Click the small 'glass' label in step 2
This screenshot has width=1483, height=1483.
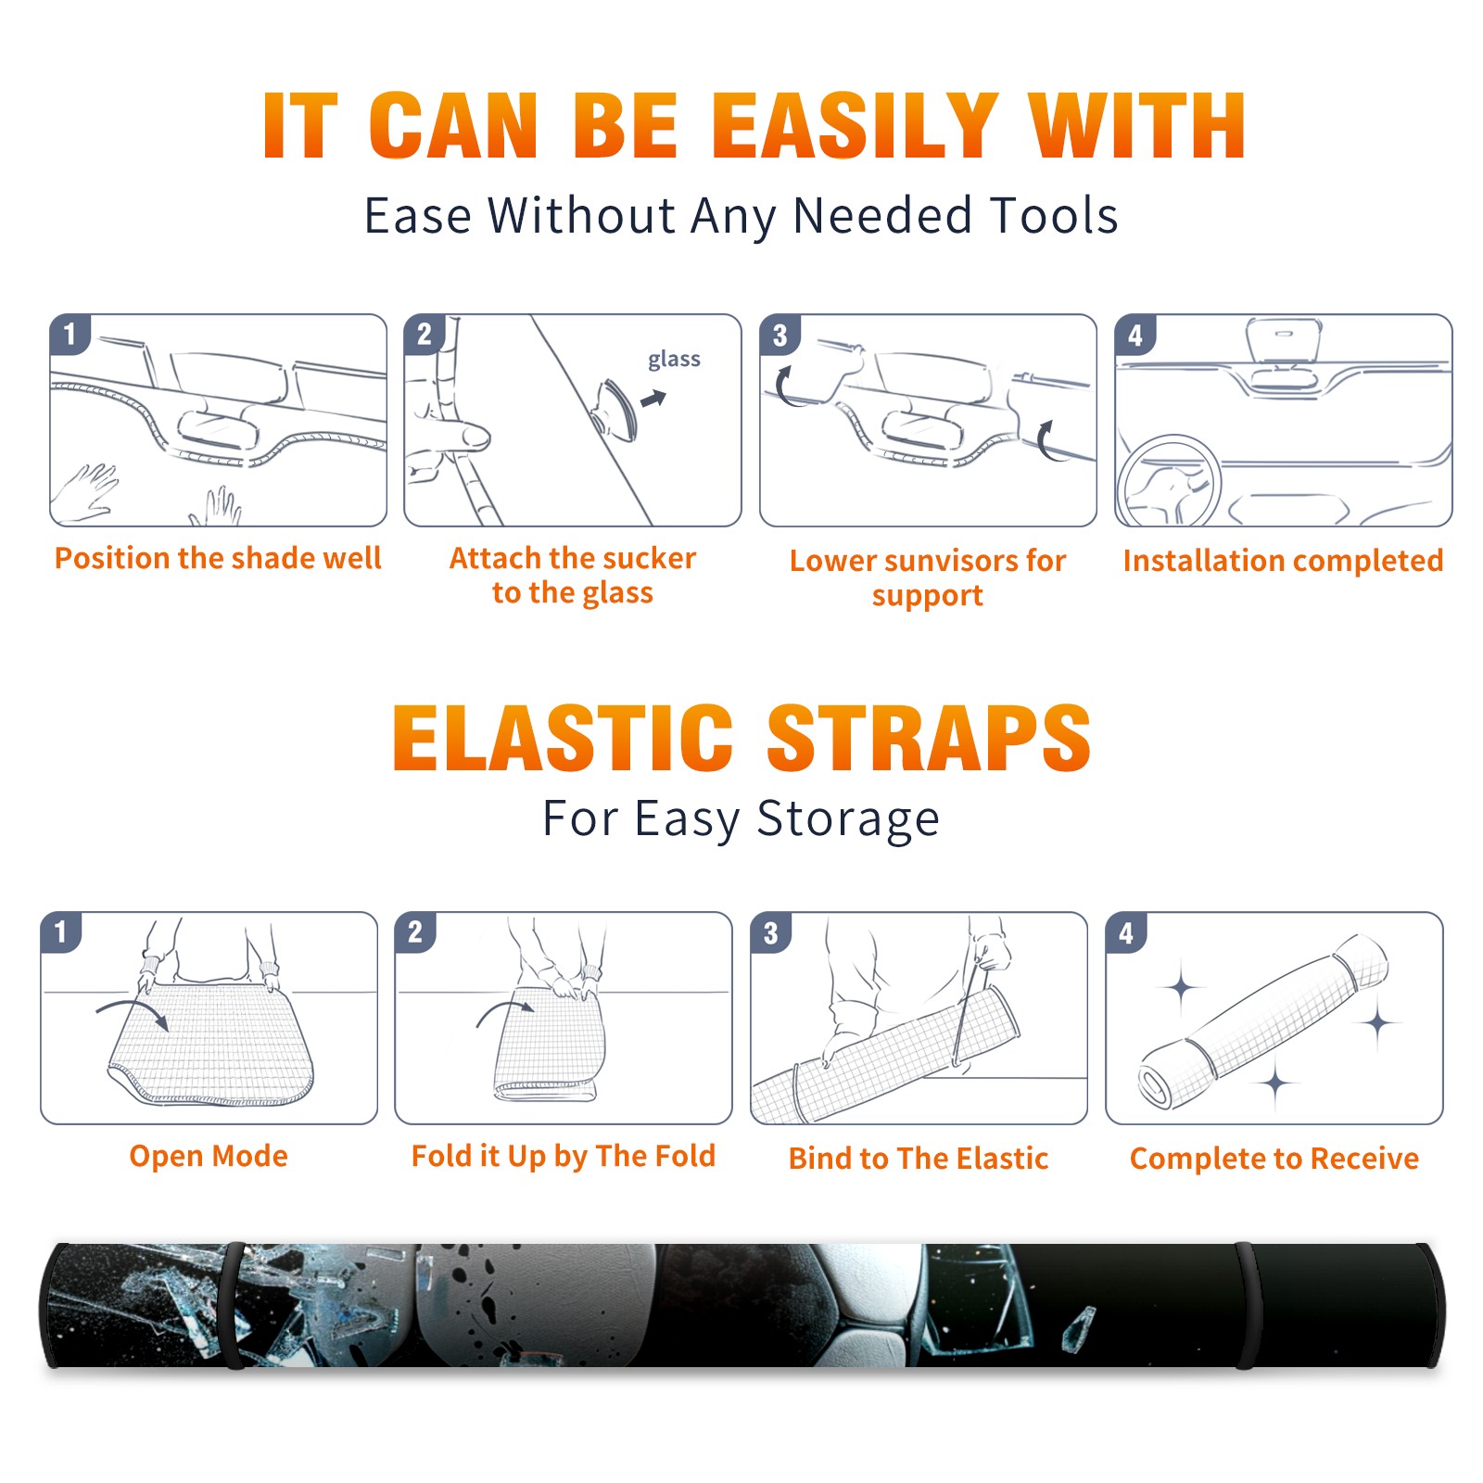pyautogui.click(x=674, y=360)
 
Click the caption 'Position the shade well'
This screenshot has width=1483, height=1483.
pyautogui.click(x=218, y=558)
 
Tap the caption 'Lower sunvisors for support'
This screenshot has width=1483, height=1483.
pyautogui.click(x=928, y=577)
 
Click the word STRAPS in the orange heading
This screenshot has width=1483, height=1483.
pyautogui.click(x=929, y=738)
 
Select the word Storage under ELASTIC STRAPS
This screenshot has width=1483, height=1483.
pyautogui.click(x=848, y=819)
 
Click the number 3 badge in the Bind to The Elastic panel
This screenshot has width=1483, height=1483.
pyautogui.click(x=770, y=933)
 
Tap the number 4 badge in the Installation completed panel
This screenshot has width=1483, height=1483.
pyautogui.click(x=1135, y=335)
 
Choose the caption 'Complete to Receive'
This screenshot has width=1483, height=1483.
pyautogui.click(x=1274, y=1159)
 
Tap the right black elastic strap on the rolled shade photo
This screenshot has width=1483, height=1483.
pyautogui.click(x=1247, y=1305)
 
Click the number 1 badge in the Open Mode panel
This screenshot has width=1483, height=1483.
pyautogui.click(x=60, y=932)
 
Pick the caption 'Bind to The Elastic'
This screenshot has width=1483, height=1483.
pyautogui.click(x=919, y=1159)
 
